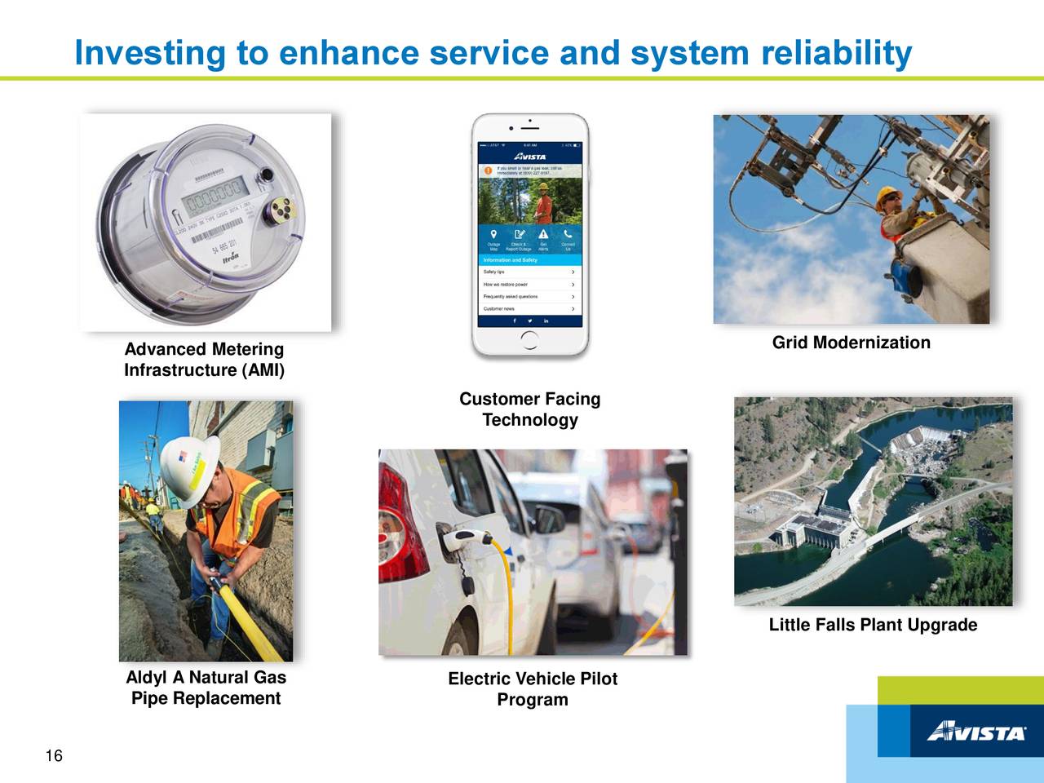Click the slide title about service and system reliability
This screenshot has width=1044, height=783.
coord(493,54)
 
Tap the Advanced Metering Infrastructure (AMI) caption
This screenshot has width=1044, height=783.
coord(204,360)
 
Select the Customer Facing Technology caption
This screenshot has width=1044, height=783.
coord(529,409)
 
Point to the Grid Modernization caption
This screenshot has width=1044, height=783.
coord(851,343)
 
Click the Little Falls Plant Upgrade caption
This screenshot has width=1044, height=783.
coord(872,626)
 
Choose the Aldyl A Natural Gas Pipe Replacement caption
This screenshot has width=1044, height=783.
coord(206,688)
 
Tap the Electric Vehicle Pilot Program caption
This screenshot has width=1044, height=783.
coord(533,689)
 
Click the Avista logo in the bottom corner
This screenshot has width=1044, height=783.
coord(975,731)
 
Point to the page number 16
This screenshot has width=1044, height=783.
coord(54,757)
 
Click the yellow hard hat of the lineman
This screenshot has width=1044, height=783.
coord(887,197)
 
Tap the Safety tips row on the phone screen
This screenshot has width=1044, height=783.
coord(529,272)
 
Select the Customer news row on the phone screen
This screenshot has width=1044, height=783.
coord(529,309)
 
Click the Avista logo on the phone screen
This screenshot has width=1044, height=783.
coord(529,156)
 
